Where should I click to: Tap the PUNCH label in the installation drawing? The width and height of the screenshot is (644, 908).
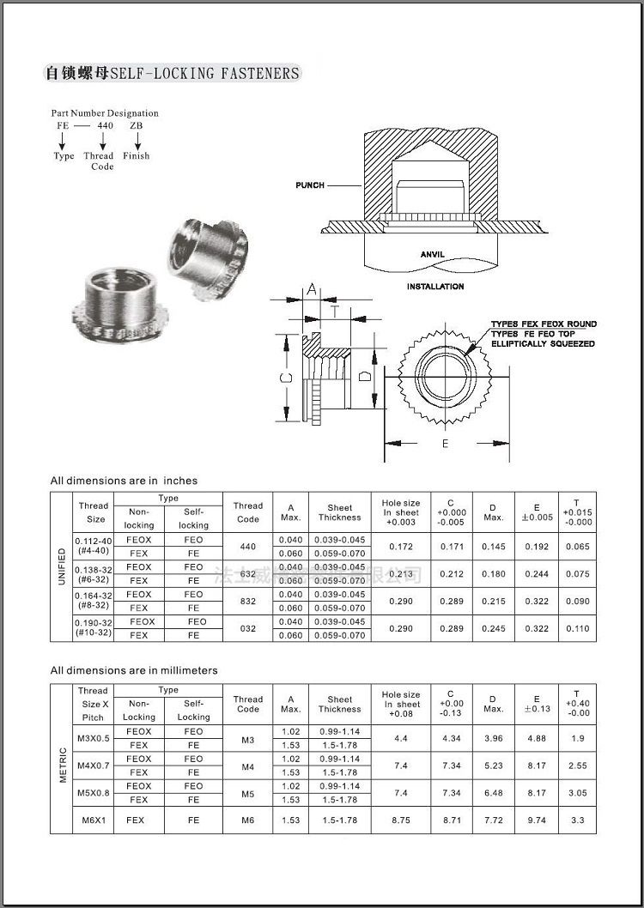coord(310,185)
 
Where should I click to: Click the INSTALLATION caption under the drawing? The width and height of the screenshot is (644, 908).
coord(435,287)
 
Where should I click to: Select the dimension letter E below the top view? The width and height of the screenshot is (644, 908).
coord(445,444)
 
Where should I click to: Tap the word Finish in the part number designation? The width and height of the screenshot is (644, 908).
coord(136,156)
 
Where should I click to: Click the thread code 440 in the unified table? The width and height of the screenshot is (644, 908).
coord(248,546)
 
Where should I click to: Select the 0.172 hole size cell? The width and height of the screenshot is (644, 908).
coord(401,546)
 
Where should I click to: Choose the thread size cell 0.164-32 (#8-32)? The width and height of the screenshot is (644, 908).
coord(94,600)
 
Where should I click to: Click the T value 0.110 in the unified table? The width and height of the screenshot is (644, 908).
coord(579,628)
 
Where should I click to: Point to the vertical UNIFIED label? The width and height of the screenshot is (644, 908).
coord(61,567)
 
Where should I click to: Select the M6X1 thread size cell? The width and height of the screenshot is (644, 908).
coord(93,820)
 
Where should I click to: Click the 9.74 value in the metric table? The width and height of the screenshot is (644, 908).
coord(537,820)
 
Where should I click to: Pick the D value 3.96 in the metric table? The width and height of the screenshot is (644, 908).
coord(493,738)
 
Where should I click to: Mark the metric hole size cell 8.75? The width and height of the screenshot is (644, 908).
coord(401,820)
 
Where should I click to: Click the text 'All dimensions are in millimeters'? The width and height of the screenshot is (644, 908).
coord(134,669)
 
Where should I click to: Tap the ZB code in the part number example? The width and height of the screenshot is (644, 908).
coord(136,125)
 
